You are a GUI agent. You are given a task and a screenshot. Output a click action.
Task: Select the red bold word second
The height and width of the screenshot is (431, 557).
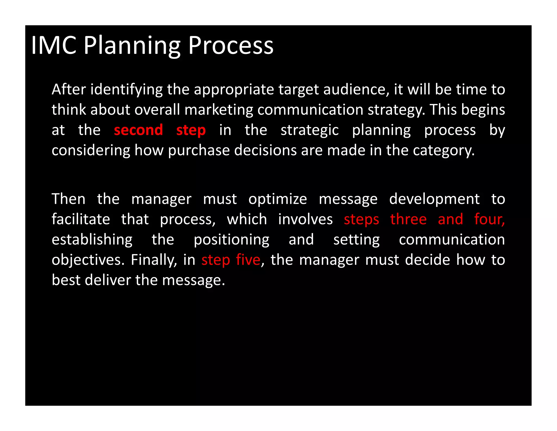coord(138,130)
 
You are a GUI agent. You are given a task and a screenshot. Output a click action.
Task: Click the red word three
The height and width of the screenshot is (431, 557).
coord(408,219)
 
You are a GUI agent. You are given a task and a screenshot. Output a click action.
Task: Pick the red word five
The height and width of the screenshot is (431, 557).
coord(248,260)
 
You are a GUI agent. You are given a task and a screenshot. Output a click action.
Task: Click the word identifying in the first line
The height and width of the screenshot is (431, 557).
coord(126,90)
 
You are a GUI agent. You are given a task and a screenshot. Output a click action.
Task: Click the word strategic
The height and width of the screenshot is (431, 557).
coord(310,130)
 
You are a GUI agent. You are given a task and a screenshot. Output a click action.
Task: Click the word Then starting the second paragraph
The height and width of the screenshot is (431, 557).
coord(68,199)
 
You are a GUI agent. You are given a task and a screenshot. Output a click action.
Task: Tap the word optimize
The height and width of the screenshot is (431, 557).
coord(277,199)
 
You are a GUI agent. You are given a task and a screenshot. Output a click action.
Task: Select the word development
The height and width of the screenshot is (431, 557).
coord(434,199)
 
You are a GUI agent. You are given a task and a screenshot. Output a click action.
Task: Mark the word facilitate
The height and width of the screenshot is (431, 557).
coord(81,219)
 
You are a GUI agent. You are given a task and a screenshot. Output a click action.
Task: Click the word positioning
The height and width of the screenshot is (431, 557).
coord(231,240)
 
